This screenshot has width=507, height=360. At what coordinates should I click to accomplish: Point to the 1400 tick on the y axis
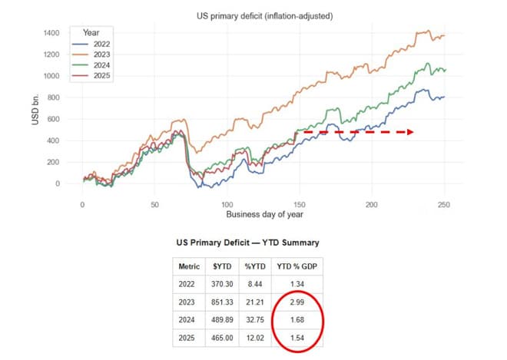click(x=51, y=33)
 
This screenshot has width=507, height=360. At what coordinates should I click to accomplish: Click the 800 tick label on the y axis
click(x=53, y=97)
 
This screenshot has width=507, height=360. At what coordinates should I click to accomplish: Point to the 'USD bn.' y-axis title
click(x=35, y=111)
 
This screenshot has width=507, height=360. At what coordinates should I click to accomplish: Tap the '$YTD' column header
click(x=224, y=266)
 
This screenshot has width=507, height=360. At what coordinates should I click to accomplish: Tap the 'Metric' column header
click(x=188, y=266)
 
